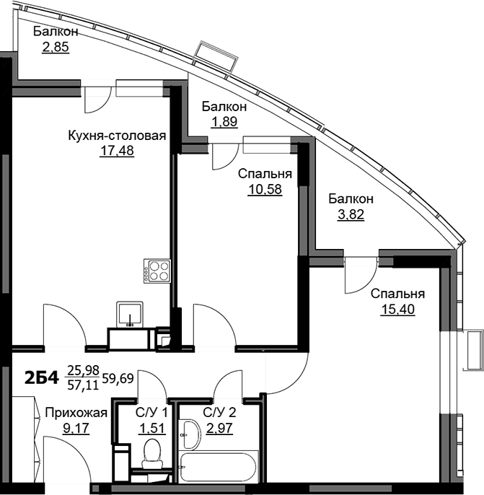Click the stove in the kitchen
point(157,271)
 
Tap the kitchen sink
point(130,315)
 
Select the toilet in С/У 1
point(153,454)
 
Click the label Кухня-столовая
point(117,136)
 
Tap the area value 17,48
point(117,151)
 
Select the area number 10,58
point(265,189)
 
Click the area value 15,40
point(398,309)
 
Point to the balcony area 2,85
point(56,47)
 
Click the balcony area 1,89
point(224,121)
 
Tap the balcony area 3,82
point(351,214)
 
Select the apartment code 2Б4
point(41,378)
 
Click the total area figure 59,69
point(118,378)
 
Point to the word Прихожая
point(76,413)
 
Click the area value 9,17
point(76,429)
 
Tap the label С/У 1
point(151,413)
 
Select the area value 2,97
point(219,429)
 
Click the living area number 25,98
point(83,369)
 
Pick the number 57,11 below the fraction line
point(83,385)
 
